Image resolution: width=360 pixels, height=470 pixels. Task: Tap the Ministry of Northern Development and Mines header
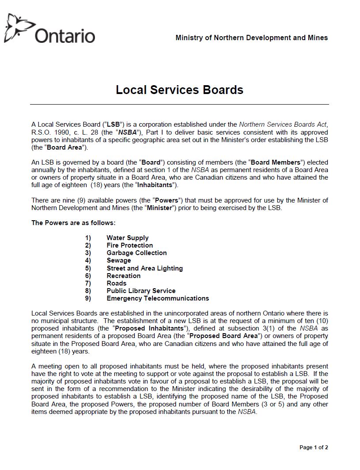click(x=251, y=38)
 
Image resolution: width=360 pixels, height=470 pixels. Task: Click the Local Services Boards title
click(x=179, y=90)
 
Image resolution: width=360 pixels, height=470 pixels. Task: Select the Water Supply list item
click(x=127, y=238)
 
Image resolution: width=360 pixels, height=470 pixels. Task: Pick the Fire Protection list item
click(x=129, y=245)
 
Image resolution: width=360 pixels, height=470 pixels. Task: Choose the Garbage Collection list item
click(x=136, y=253)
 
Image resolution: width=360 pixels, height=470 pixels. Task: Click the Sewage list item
click(x=118, y=260)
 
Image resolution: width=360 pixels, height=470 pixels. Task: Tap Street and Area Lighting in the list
click(x=144, y=268)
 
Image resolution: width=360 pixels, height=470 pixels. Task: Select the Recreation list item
click(x=123, y=276)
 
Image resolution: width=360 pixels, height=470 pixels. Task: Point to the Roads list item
click(x=116, y=283)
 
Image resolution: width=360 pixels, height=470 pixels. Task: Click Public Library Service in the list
click(x=141, y=291)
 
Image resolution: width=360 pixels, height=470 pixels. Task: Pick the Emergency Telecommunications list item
click(x=158, y=298)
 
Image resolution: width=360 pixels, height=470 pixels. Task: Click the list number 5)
click(x=88, y=268)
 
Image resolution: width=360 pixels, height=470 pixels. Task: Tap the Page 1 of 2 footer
click(x=314, y=447)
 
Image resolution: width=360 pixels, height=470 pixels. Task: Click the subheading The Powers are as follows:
click(x=73, y=223)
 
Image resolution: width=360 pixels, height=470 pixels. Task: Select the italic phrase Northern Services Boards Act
click(x=283, y=125)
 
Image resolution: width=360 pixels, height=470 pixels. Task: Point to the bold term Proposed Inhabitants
click(x=156, y=328)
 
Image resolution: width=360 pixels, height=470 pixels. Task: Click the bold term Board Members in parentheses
click(x=276, y=162)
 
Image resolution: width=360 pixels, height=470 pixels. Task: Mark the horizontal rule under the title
click(x=179, y=105)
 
